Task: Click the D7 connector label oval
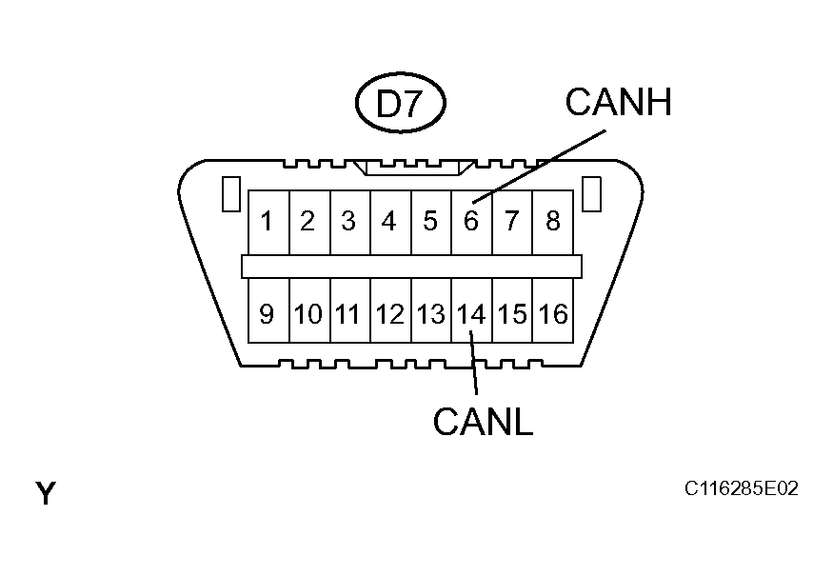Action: pyautogui.click(x=399, y=104)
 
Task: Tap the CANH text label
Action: pyautogui.click(x=618, y=102)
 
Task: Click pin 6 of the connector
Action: pyautogui.click(x=470, y=222)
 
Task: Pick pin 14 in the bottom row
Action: pyautogui.click(x=470, y=313)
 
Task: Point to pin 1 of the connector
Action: pyautogui.click(x=268, y=222)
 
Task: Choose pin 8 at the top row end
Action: pyautogui.click(x=552, y=222)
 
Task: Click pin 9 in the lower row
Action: pyautogui.click(x=268, y=313)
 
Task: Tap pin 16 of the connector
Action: pyautogui.click(x=552, y=313)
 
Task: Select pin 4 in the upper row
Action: pyautogui.click(x=389, y=222)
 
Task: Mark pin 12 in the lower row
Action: pyautogui.click(x=389, y=313)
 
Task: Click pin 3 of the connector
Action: pyautogui.click(x=348, y=222)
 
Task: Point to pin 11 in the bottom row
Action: pyautogui.click(x=348, y=313)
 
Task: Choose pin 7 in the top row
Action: pyautogui.click(x=511, y=222)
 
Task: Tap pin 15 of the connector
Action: pyautogui.click(x=511, y=313)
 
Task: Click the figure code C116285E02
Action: pyautogui.click(x=741, y=489)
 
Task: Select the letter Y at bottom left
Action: pyautogui.click(x=46, y=494)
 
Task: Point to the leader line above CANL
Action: pyautogui.click(x=473, y=367)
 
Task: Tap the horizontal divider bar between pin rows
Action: pyautogui.click(x=411, y=267)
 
